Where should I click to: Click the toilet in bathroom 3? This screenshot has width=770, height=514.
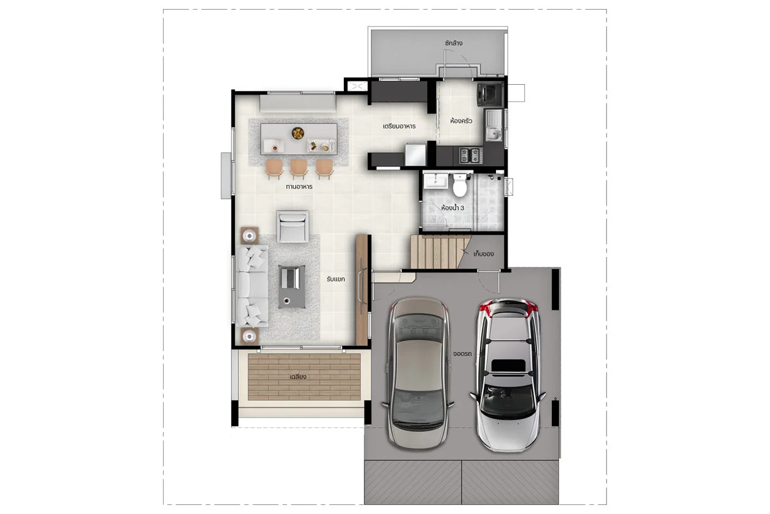pyautogui.click(x=459, y=185)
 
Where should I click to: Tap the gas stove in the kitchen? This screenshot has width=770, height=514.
pyautogui.click(x=470, y=155)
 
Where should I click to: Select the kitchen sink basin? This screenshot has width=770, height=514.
pyautogui.click(x=493, y=134)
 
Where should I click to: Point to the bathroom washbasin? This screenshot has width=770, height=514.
pyautogui.click(x=436, y=181)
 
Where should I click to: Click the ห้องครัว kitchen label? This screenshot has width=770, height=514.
pyautogui.click(x=461, y=121)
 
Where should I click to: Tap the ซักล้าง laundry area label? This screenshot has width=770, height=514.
pyautogui.click(x=453, y=43)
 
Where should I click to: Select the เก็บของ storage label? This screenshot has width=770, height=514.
pyautogui.click(x=483, y=254)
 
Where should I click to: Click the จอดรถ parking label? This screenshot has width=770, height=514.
pyautogui.click(x=462, y=353)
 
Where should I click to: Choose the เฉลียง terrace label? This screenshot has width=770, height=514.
pyautogui.click(x=298, y=377)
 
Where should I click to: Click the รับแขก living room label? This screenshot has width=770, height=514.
pyautogui.click(x=336, y=279)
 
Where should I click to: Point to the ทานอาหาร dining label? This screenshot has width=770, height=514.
pyautogui.click(x=299, y=186)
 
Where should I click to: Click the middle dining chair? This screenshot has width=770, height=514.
pyautogui.click(x=298, y=169)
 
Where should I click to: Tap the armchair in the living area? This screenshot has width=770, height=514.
pyautogui.click(x=293, y=227)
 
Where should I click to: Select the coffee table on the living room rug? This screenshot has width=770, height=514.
pyautogui.click(x=291, y=287)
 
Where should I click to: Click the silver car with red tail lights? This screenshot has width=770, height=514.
pyautogui.click(x=508, y=375)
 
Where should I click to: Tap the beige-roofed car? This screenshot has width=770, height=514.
pyautogui.click(x=418, y=373)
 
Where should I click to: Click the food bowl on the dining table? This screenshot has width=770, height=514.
pyautogui.click(x=297, y=133)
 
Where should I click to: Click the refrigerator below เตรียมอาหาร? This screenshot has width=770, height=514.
pyautogui.click(x=415, y=155)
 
